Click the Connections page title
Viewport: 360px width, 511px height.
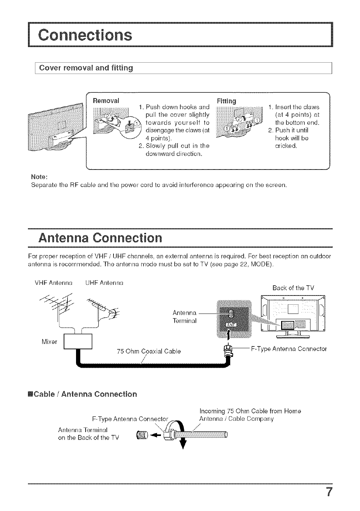coord(85,35)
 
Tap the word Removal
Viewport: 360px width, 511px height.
coord(106,100)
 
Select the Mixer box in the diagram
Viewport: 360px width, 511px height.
coord(78,341)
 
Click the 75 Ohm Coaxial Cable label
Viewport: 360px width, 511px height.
coord(149,351)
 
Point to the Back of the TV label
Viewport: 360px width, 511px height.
coord(293,287)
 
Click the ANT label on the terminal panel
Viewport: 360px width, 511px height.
coord(230,326)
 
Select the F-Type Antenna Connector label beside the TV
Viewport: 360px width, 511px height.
coord(289,349)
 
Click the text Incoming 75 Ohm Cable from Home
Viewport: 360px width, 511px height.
coord(250,411)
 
